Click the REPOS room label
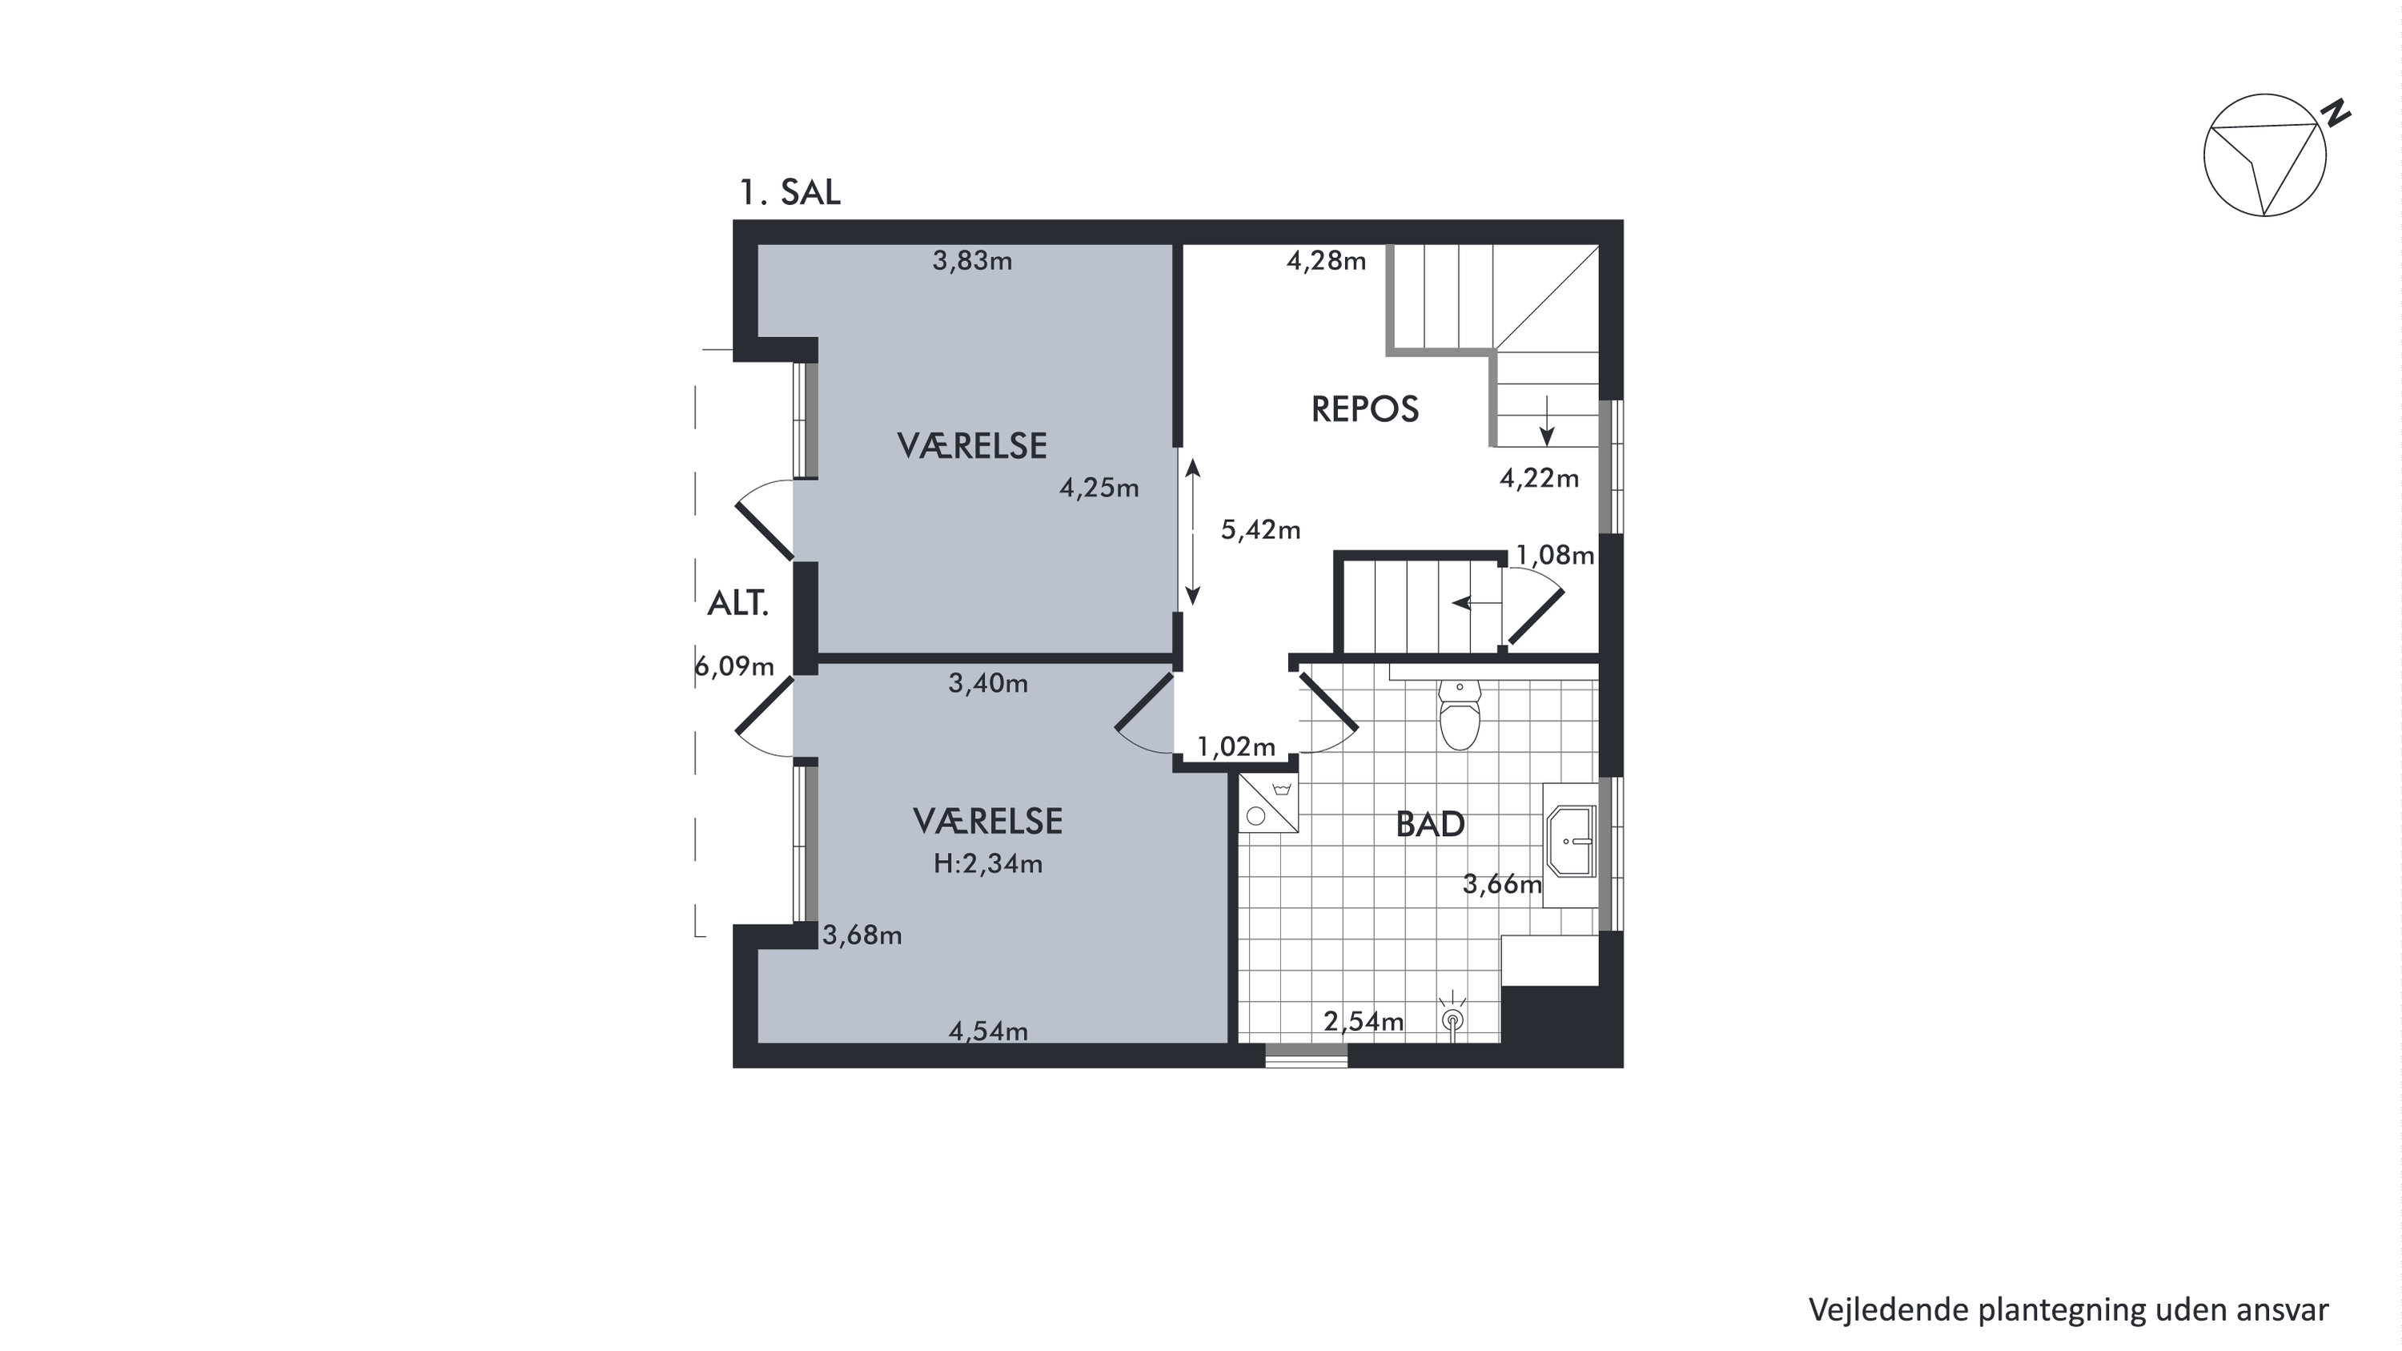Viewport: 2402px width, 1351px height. (x=1365, y=409)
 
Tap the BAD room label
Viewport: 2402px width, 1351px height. (x=1430, y=824)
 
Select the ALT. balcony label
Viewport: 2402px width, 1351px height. (x=738, y=603)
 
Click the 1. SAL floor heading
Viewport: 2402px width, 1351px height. (x=789, y=192)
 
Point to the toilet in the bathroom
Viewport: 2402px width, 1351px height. (x=1460, y=714)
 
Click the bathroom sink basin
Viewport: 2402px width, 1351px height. (x=1573, y=841)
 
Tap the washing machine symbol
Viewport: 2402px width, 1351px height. (x=1268, y=802)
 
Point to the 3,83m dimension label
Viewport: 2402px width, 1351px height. (x=973, y=260)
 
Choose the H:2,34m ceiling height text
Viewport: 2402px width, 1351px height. (x=988, y=863)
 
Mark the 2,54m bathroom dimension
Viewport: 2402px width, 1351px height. (x=1364, y=1021)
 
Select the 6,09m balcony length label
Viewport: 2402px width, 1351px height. (x=735, y=665)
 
